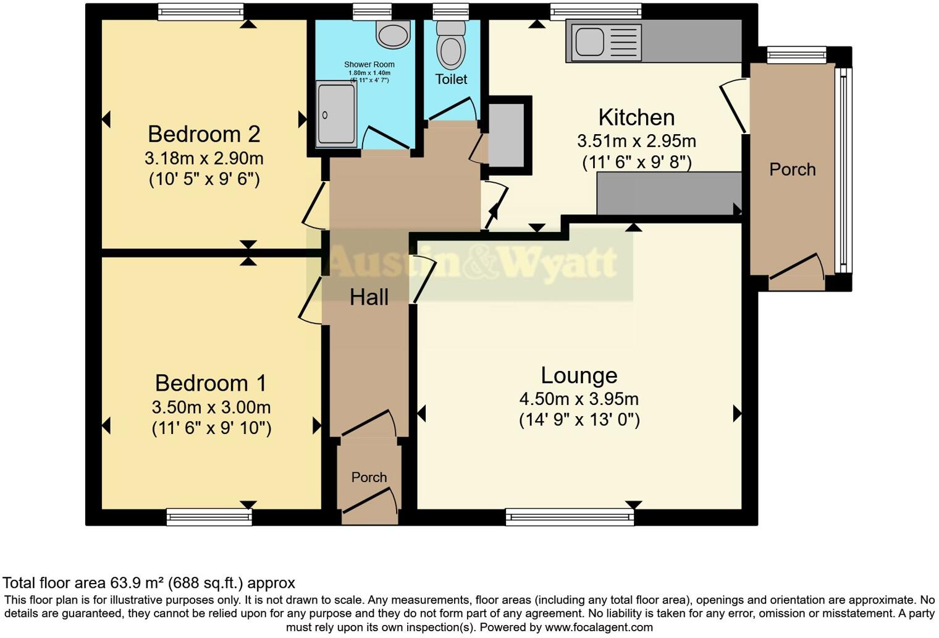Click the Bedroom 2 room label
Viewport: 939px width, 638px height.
204,134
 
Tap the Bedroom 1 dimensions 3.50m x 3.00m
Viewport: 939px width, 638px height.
211,407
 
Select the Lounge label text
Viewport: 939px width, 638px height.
579,375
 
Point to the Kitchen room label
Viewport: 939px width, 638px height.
636,117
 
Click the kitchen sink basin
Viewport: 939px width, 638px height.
590,43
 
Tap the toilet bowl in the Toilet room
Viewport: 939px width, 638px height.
450,51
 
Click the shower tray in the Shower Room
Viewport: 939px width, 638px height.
336,114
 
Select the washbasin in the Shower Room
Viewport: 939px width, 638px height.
393,34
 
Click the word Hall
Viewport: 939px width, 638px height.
369,297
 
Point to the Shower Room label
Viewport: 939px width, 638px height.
369,64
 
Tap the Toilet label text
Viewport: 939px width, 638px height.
451,79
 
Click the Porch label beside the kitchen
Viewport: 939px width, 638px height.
792,170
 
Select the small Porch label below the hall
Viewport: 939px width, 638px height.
369,477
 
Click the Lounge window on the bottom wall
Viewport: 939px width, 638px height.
570,517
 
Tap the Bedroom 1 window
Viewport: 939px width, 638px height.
209,517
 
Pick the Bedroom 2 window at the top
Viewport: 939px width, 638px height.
201,12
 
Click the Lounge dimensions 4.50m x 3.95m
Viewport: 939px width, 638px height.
579,399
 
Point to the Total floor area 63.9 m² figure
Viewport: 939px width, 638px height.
149,583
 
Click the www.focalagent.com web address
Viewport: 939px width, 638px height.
599,627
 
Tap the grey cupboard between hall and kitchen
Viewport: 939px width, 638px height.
507,135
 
